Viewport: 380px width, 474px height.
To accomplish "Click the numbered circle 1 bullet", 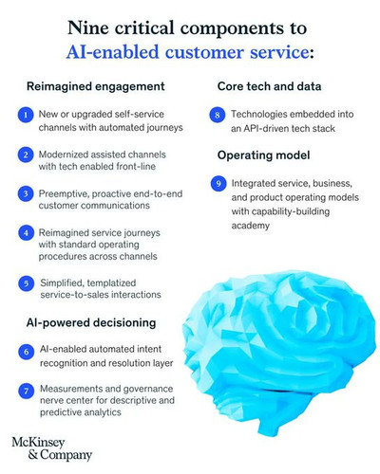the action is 26,115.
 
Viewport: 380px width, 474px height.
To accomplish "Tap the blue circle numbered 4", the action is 26,233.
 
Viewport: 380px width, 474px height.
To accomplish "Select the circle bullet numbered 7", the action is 27,392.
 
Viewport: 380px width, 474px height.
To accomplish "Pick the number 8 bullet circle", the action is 218,115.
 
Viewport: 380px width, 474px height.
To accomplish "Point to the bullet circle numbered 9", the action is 218,184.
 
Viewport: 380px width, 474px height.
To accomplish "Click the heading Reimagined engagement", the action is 96,86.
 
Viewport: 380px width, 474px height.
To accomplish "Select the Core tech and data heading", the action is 269,86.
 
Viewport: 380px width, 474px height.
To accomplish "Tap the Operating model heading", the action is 263,155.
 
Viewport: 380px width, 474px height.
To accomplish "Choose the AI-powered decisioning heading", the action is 91,322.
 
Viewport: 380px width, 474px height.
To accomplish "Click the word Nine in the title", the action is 88,27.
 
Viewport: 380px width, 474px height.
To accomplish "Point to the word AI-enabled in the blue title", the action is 112,52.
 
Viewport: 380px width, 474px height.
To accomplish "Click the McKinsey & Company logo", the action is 51,448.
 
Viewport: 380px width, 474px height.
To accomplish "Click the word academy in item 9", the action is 251,226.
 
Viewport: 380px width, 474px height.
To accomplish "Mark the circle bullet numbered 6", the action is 27,352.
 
